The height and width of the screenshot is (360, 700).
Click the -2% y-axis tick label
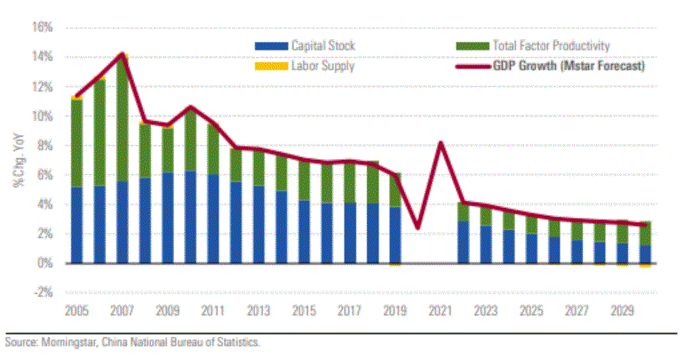42,292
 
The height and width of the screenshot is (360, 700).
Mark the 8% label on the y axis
44,146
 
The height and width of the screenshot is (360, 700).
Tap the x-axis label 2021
439,312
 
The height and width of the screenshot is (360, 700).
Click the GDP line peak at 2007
123,54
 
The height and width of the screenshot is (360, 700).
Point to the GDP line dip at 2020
418,228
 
